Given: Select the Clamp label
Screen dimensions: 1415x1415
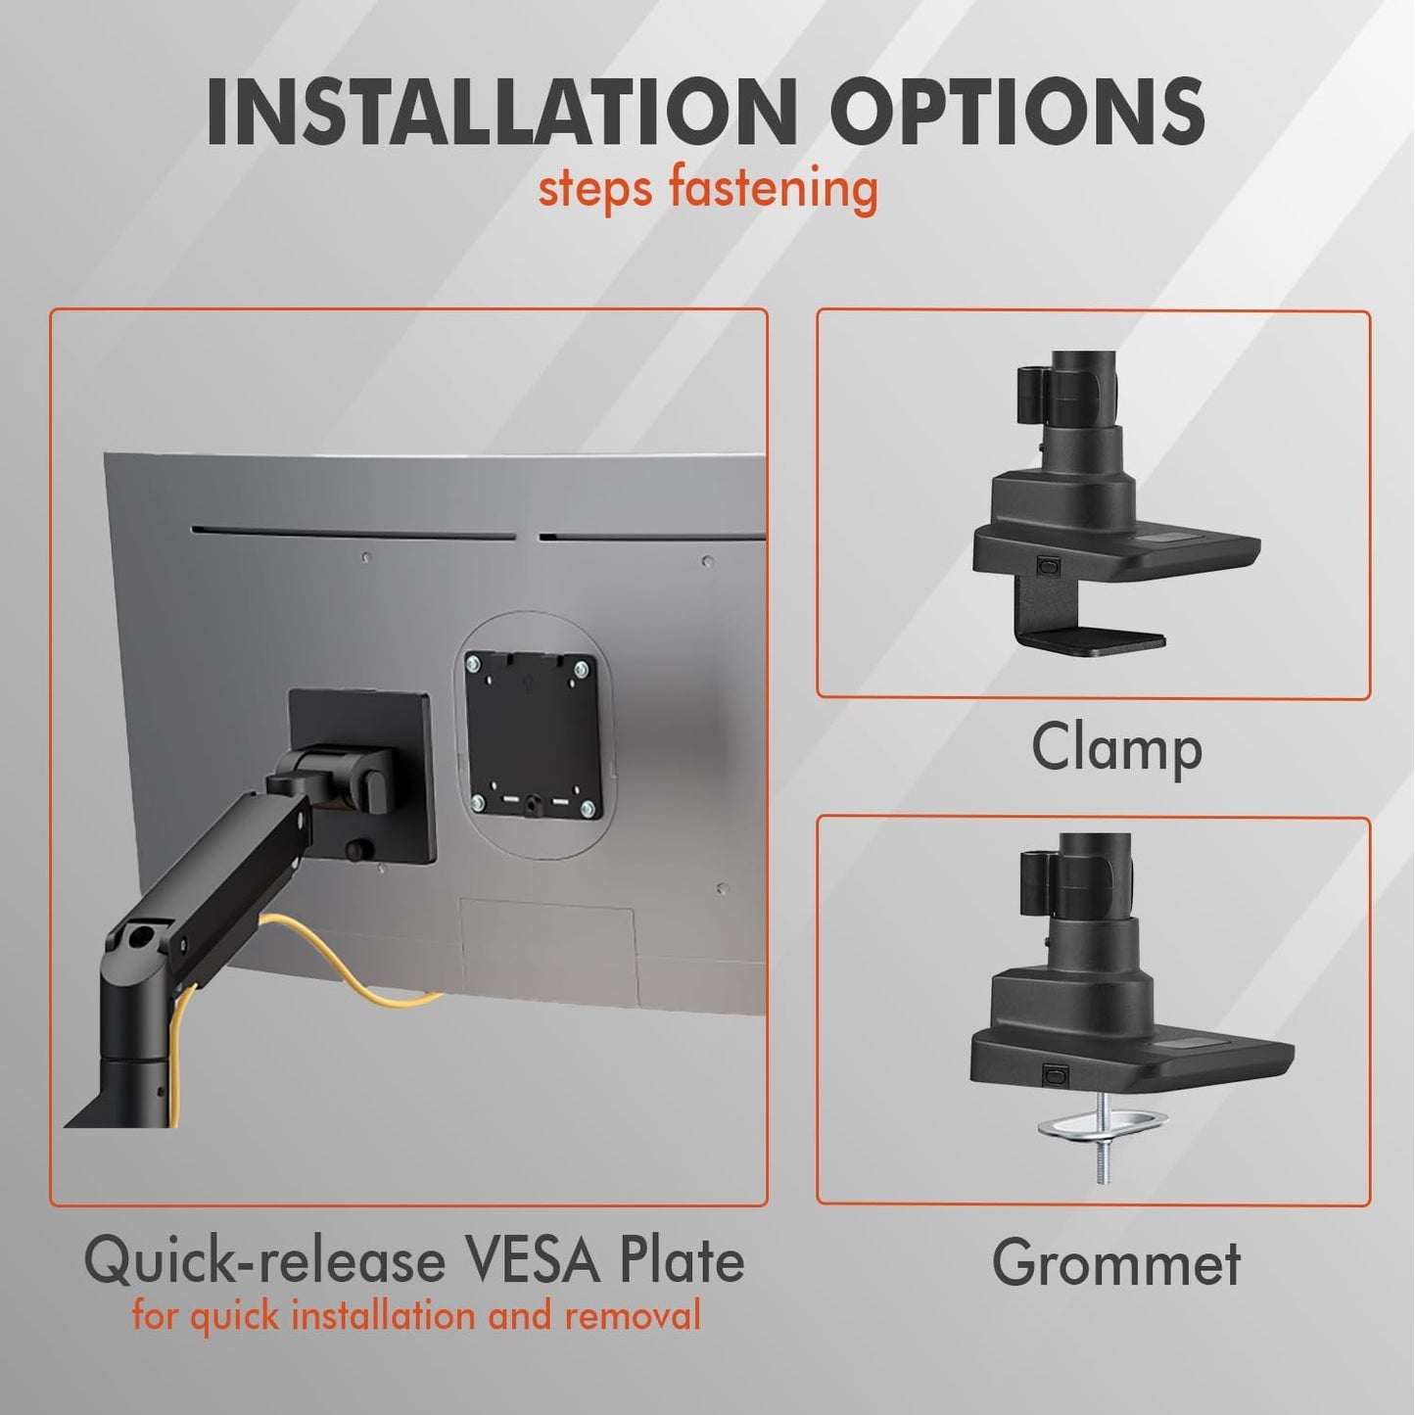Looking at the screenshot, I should pos(1116,749).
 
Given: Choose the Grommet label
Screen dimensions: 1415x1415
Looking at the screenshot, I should pos(1116,1262).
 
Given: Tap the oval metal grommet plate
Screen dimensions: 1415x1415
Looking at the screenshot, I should pos(1104,1124).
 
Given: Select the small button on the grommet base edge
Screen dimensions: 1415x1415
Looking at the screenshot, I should pos(1055,1075).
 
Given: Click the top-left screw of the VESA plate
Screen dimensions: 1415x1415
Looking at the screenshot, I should pos(476,665).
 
